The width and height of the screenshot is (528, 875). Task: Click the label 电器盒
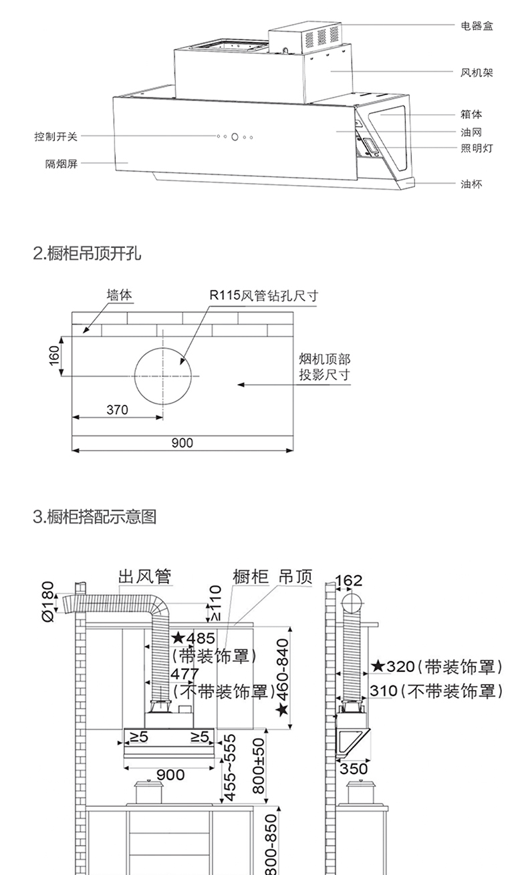pos(477,26)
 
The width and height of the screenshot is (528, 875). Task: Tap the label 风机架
pos(477,72)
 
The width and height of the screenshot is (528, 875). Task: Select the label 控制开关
pos(56,137)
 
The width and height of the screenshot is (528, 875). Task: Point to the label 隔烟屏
pos(61,164)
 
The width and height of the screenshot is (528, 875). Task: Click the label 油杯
pos(471,184)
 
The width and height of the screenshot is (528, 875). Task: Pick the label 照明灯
pos(477,148)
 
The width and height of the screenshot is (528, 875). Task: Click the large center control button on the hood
pos(235,137)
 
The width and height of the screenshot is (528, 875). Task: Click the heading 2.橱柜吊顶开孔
pos(87,254)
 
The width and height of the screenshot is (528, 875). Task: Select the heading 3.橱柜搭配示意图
pos(94,517)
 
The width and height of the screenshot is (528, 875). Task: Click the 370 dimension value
pos(117,410)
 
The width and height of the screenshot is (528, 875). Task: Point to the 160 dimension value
pos(55,355)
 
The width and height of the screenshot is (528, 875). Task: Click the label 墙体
pos(120,295)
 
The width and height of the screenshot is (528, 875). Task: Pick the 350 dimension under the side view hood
pos(354,769)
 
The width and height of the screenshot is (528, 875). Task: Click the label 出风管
pos(145,576)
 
